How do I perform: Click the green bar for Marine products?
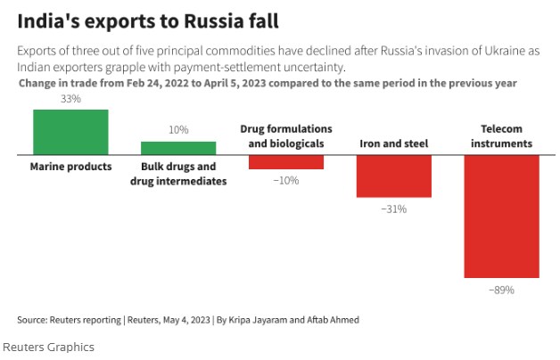[70, 132]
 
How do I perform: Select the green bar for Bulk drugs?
[178, 148]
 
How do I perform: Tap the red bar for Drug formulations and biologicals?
[286, 162]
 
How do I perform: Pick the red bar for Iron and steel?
[393, 176]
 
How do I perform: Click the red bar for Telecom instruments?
[501, 217]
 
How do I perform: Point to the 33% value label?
[70, 100]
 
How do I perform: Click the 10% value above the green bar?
[178, 130]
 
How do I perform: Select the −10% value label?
[286, 180]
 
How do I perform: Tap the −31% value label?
[393, 209]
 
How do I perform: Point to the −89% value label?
[501, 290]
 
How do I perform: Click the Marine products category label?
[70, 167]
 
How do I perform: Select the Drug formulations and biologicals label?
[286, 136]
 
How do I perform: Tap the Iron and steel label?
[393, 143]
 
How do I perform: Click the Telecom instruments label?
[501, 136]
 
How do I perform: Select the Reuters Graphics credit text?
[48, 347]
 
